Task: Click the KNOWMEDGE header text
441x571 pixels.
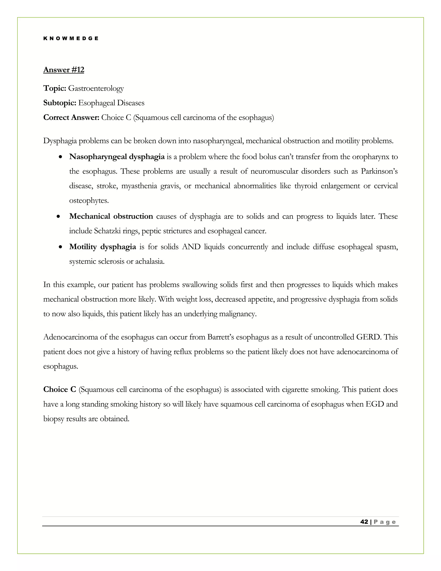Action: (71, 38)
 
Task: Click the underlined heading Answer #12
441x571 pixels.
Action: (64, 70)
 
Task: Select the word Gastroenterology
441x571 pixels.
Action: (96, 88)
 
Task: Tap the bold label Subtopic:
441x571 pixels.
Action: (60, 103)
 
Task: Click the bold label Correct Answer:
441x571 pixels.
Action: (71, 118)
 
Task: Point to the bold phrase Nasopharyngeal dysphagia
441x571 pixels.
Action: (117, 157)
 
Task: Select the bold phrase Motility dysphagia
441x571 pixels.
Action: (102, 247)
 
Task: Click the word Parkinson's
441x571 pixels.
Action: (379, 172)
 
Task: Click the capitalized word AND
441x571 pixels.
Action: (191, 247)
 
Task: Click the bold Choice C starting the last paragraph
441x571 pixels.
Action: (60, 390)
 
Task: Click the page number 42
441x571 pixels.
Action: (364, 522)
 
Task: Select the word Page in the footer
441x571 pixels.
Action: (385, 522)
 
